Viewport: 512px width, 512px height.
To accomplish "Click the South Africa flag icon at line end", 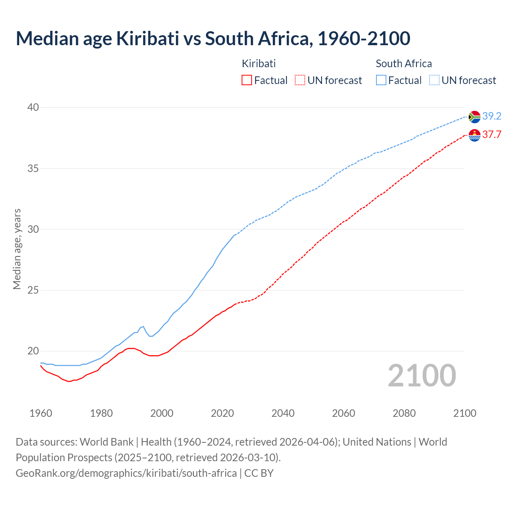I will coord(474,117).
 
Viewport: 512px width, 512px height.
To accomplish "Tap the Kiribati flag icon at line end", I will coord(474,136).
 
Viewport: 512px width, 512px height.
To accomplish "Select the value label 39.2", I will coord(492,116).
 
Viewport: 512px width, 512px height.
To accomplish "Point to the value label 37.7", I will coord(492,135).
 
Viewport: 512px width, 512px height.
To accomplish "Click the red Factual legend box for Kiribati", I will coord(247,80).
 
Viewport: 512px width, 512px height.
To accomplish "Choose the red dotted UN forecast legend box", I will coord(300,80).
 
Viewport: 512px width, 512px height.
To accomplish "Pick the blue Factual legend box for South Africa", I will coord(381,80).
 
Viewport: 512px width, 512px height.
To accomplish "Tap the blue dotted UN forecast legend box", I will coord(434,80).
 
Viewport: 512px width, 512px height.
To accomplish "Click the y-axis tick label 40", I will coord(33,107).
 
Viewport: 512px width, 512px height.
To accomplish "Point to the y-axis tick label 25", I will coord(33,290).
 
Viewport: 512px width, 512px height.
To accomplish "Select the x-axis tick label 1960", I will coord(41,413).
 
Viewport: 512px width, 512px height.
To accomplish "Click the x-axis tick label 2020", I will coord(222,413).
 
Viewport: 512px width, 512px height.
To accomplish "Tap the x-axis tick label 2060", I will coord(344,413).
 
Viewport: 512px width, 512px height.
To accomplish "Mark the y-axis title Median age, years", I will coord(17,249).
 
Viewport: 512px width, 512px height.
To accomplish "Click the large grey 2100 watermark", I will coord(422,376).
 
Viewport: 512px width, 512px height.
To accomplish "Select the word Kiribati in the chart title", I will coord(148,38).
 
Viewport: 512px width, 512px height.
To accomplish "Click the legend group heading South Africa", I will coord(404,64).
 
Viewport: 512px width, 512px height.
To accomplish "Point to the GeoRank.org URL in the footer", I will coord(126,473).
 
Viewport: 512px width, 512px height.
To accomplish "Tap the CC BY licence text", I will coord(259,473).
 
